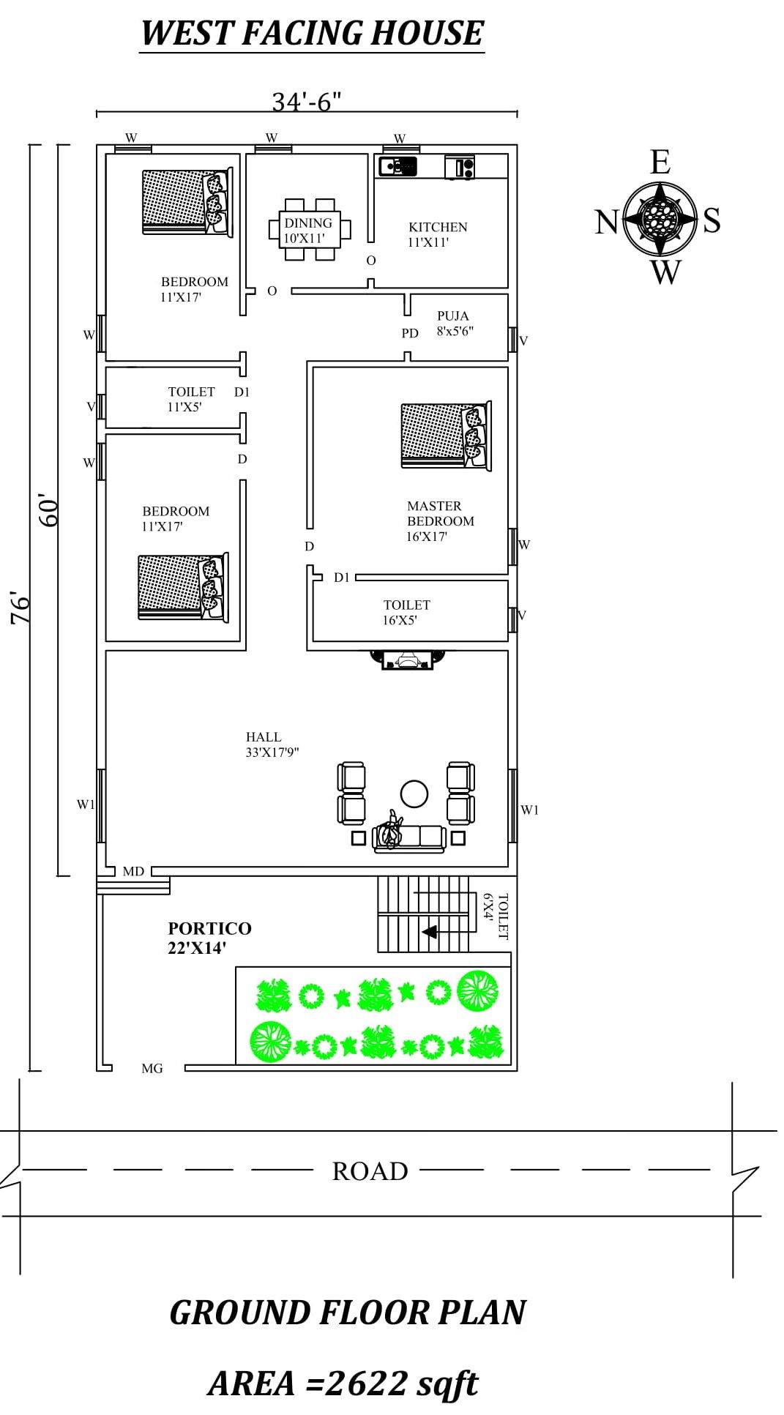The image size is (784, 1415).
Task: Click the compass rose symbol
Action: (660, 217)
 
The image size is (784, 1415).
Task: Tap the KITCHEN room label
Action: (437, 234)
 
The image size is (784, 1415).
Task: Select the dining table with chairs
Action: (309, 229)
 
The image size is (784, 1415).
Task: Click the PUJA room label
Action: (454, 322)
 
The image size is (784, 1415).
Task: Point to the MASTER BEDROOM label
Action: (439, 520)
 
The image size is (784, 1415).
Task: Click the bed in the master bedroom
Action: (445, 435)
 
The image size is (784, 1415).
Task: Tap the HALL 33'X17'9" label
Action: (272, 744)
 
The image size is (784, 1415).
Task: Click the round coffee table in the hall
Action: (414, 794)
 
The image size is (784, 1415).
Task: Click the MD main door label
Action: (133, 871)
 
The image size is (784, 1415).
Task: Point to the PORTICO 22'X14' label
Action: (209, 937)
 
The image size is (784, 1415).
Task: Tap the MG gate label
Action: (152, 1068)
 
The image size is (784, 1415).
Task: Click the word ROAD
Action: (370, 1171)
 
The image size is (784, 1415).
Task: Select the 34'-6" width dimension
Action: (307, 102)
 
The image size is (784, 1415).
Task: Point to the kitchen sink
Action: (397, 167)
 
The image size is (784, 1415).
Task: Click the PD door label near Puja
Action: (409, 333)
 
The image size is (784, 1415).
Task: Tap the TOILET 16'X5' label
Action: (406, 612)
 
